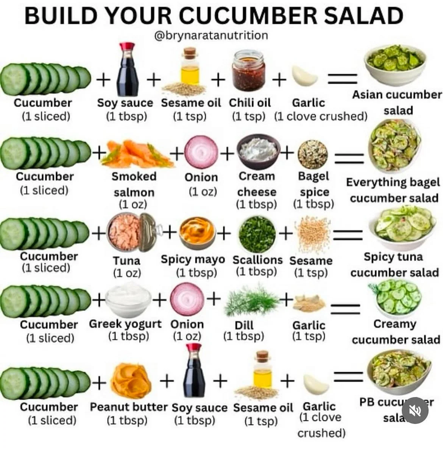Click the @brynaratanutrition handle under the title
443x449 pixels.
[x=211, y=36]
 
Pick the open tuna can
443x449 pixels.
[x=131, y=232]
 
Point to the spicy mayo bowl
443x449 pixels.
[x=197, y=233]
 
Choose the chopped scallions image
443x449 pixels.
[x=257, y=234]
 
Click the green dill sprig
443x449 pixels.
[x=251, y=300]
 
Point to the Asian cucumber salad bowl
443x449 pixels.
[x=395, y=65]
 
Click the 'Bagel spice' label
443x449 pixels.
[x=314, y=184]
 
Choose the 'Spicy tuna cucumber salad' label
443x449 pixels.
[x=394, y=264]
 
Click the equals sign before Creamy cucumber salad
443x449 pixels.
[x=345, y=309]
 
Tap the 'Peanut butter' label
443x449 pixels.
[x=128, y=407]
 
